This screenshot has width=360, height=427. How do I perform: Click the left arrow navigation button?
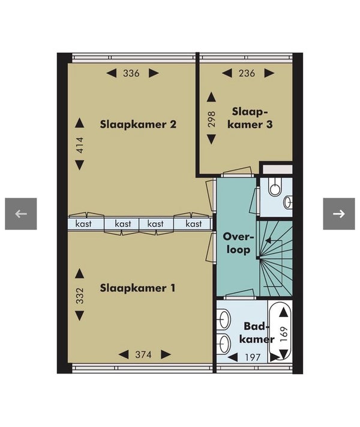pos(20,214)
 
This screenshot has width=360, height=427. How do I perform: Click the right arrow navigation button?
pos(339,214)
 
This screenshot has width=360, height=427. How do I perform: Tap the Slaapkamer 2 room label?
pos(138,124)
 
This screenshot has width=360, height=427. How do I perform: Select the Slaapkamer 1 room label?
pos(137,288)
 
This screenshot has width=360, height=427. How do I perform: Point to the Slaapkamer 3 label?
pos(250,118)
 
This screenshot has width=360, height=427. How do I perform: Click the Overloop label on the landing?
pos(238,243)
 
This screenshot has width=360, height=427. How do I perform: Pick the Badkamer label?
pos(257,333)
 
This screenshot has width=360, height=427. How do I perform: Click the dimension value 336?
pos(131,73)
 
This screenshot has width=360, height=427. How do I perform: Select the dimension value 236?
pos(247,73)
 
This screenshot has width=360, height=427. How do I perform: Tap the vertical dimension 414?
pos(79,145)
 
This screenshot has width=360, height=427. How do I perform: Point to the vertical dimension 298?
pos(211,119)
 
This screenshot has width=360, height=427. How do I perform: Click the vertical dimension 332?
pos(79,295)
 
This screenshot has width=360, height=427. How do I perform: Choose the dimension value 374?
pos(143,354)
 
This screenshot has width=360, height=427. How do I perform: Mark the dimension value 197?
pos(253,357)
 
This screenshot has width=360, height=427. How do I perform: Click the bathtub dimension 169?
pos(284,334)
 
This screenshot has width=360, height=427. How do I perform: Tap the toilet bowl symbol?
pos(274,187)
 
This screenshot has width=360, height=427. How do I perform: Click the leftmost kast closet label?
pos(83,224)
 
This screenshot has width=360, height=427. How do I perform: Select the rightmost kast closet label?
pos(194,224)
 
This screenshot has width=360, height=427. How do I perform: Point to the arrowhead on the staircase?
pos(268,240)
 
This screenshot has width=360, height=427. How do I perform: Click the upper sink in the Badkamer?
pos(224,319)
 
